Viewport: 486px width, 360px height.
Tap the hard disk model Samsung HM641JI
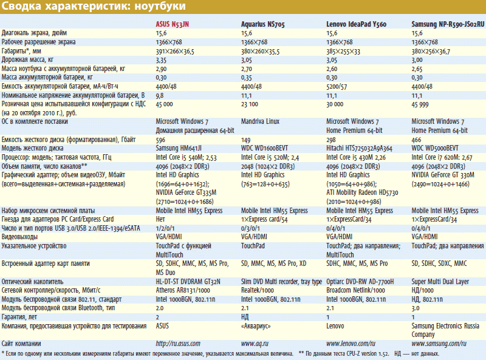(180, 148)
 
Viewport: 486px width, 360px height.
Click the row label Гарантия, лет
(20, 317)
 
